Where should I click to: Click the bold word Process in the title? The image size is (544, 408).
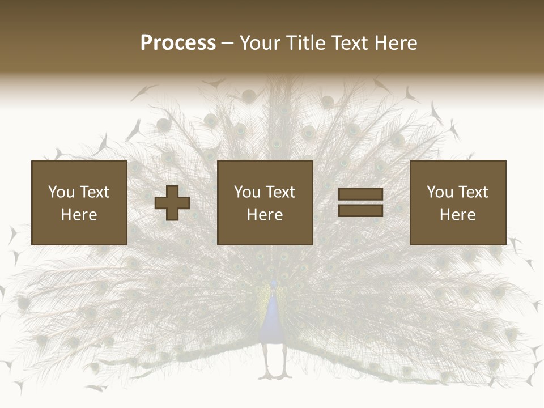click(x=178, y=43)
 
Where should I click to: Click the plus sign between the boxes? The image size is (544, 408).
click(x=172, y=203)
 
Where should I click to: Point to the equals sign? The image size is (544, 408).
click(x=360, y=202)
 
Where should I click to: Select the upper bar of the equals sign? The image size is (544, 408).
click(x=360, y=194)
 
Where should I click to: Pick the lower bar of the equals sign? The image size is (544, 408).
click(x=360, y=210)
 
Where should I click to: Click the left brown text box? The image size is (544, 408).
click(x=79, y=202)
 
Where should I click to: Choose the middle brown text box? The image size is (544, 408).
click(x=265, y=202)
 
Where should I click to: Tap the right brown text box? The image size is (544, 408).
click(x=458, y=202)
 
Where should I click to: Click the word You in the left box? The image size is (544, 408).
click(x=61, y=192)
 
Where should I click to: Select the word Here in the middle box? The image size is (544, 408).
click(x=265, y=215)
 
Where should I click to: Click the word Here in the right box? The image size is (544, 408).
click(x=458, y=215)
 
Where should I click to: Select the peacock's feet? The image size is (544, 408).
click(x=275, y=374)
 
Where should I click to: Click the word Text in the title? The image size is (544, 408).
click(x=350, y=43)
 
